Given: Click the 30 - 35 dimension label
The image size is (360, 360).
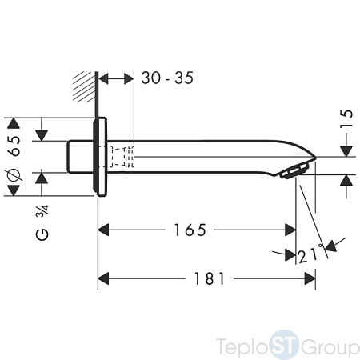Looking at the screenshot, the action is click(167, 78).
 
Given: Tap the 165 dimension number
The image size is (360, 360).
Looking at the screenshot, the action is click(190, 230).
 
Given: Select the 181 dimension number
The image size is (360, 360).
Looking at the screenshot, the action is click(210, 278).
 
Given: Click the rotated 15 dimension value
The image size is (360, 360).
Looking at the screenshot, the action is click(346, 118).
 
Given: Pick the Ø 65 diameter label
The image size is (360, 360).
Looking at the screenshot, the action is click(14, 158).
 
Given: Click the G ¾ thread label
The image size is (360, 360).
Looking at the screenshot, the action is click(42, 222).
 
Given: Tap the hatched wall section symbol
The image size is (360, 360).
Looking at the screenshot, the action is click(84, 86).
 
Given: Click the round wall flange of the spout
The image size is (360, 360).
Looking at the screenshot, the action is click(100, 157).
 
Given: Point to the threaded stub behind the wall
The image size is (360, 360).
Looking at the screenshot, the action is click(80, 157).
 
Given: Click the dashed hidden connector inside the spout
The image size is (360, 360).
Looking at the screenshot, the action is click(122, 157).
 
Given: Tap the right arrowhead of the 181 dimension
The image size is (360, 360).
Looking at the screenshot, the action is click(310, 278).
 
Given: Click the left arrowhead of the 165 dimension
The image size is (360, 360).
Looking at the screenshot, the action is click(103, 230).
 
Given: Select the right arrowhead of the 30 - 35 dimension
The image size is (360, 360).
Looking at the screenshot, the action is click(129, 78).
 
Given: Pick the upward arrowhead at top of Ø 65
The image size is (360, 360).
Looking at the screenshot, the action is click(14, 123).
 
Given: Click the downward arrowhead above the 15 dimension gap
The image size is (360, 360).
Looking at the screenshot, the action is click(346, 151).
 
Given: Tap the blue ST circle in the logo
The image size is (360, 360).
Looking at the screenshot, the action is click(284, 346).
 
